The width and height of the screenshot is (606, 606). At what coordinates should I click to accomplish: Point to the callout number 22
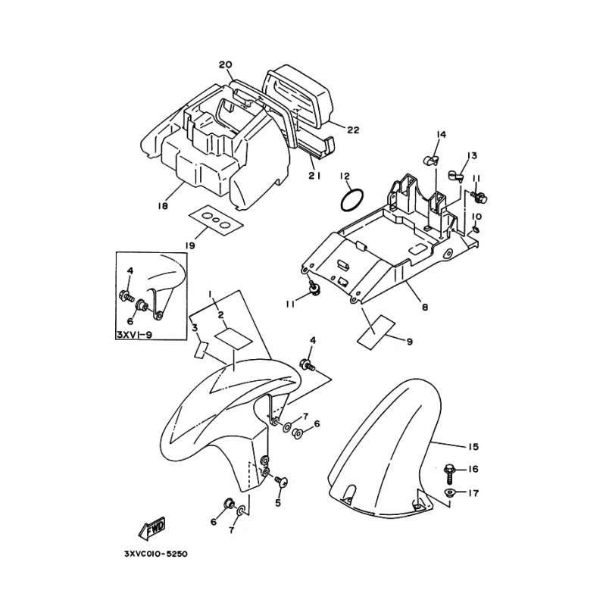pyautogui.click(x=353, y=130)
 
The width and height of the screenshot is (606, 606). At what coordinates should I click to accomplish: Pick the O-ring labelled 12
pyautogui.click(x=351, y=201)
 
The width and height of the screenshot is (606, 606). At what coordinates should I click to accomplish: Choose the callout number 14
pyautogui.click(x=440, y=135)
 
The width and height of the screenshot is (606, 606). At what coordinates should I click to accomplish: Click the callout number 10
pyautogui.click(x=476, y=217)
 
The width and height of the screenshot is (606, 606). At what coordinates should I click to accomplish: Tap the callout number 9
pyautogui.click(x=409, y=342)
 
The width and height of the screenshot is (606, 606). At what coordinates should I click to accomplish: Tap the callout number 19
pyautogui.click(x=189, y=245)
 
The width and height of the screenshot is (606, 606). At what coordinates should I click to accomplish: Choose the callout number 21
pyautogui.click(x=314, y=176)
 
